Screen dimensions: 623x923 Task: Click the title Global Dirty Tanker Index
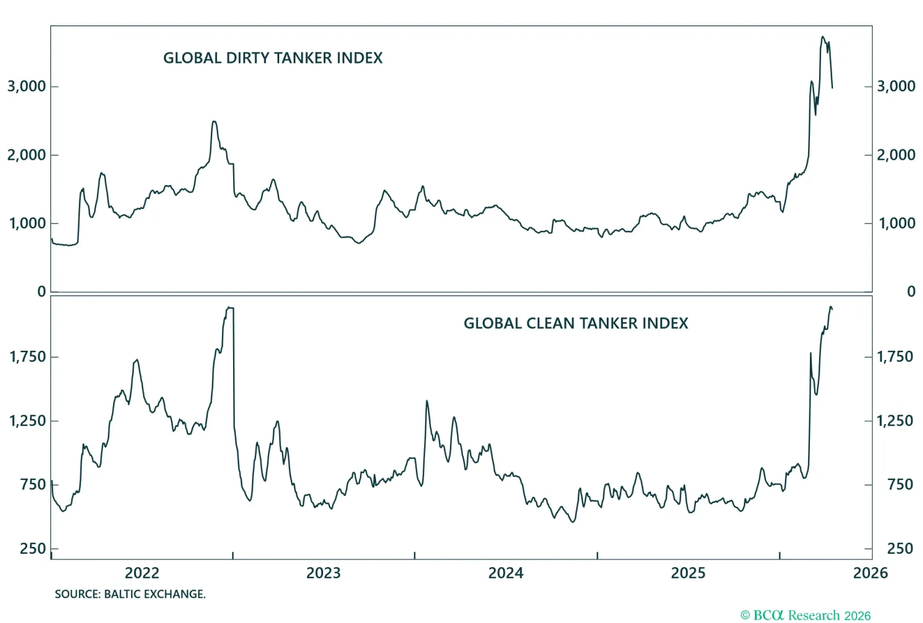point(273,58)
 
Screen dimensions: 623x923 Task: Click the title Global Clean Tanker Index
point(576,323)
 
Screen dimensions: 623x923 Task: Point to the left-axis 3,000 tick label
point(27,87)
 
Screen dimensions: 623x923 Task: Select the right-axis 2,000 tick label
point(896,155)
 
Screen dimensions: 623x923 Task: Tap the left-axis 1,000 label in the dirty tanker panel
point(27,223)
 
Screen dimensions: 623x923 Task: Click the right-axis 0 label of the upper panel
point(911,291)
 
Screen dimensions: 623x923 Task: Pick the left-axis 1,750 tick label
point(27,356)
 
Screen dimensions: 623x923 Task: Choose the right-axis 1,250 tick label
point(895,421)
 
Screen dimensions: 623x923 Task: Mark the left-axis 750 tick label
point(32,485)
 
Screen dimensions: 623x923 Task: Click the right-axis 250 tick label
point(900,549)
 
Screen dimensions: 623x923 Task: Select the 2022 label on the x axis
point(142,573)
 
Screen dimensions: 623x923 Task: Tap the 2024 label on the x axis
point(506,573)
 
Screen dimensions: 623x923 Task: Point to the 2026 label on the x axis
point(871,573)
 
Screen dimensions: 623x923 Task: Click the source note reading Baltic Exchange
point(130,594)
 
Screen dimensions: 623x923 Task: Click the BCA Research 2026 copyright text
point(805,616)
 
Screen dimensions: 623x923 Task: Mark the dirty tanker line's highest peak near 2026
point(823,37)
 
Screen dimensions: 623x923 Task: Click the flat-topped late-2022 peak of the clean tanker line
point(230,308)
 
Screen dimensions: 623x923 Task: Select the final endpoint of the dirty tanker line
point(832,88)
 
